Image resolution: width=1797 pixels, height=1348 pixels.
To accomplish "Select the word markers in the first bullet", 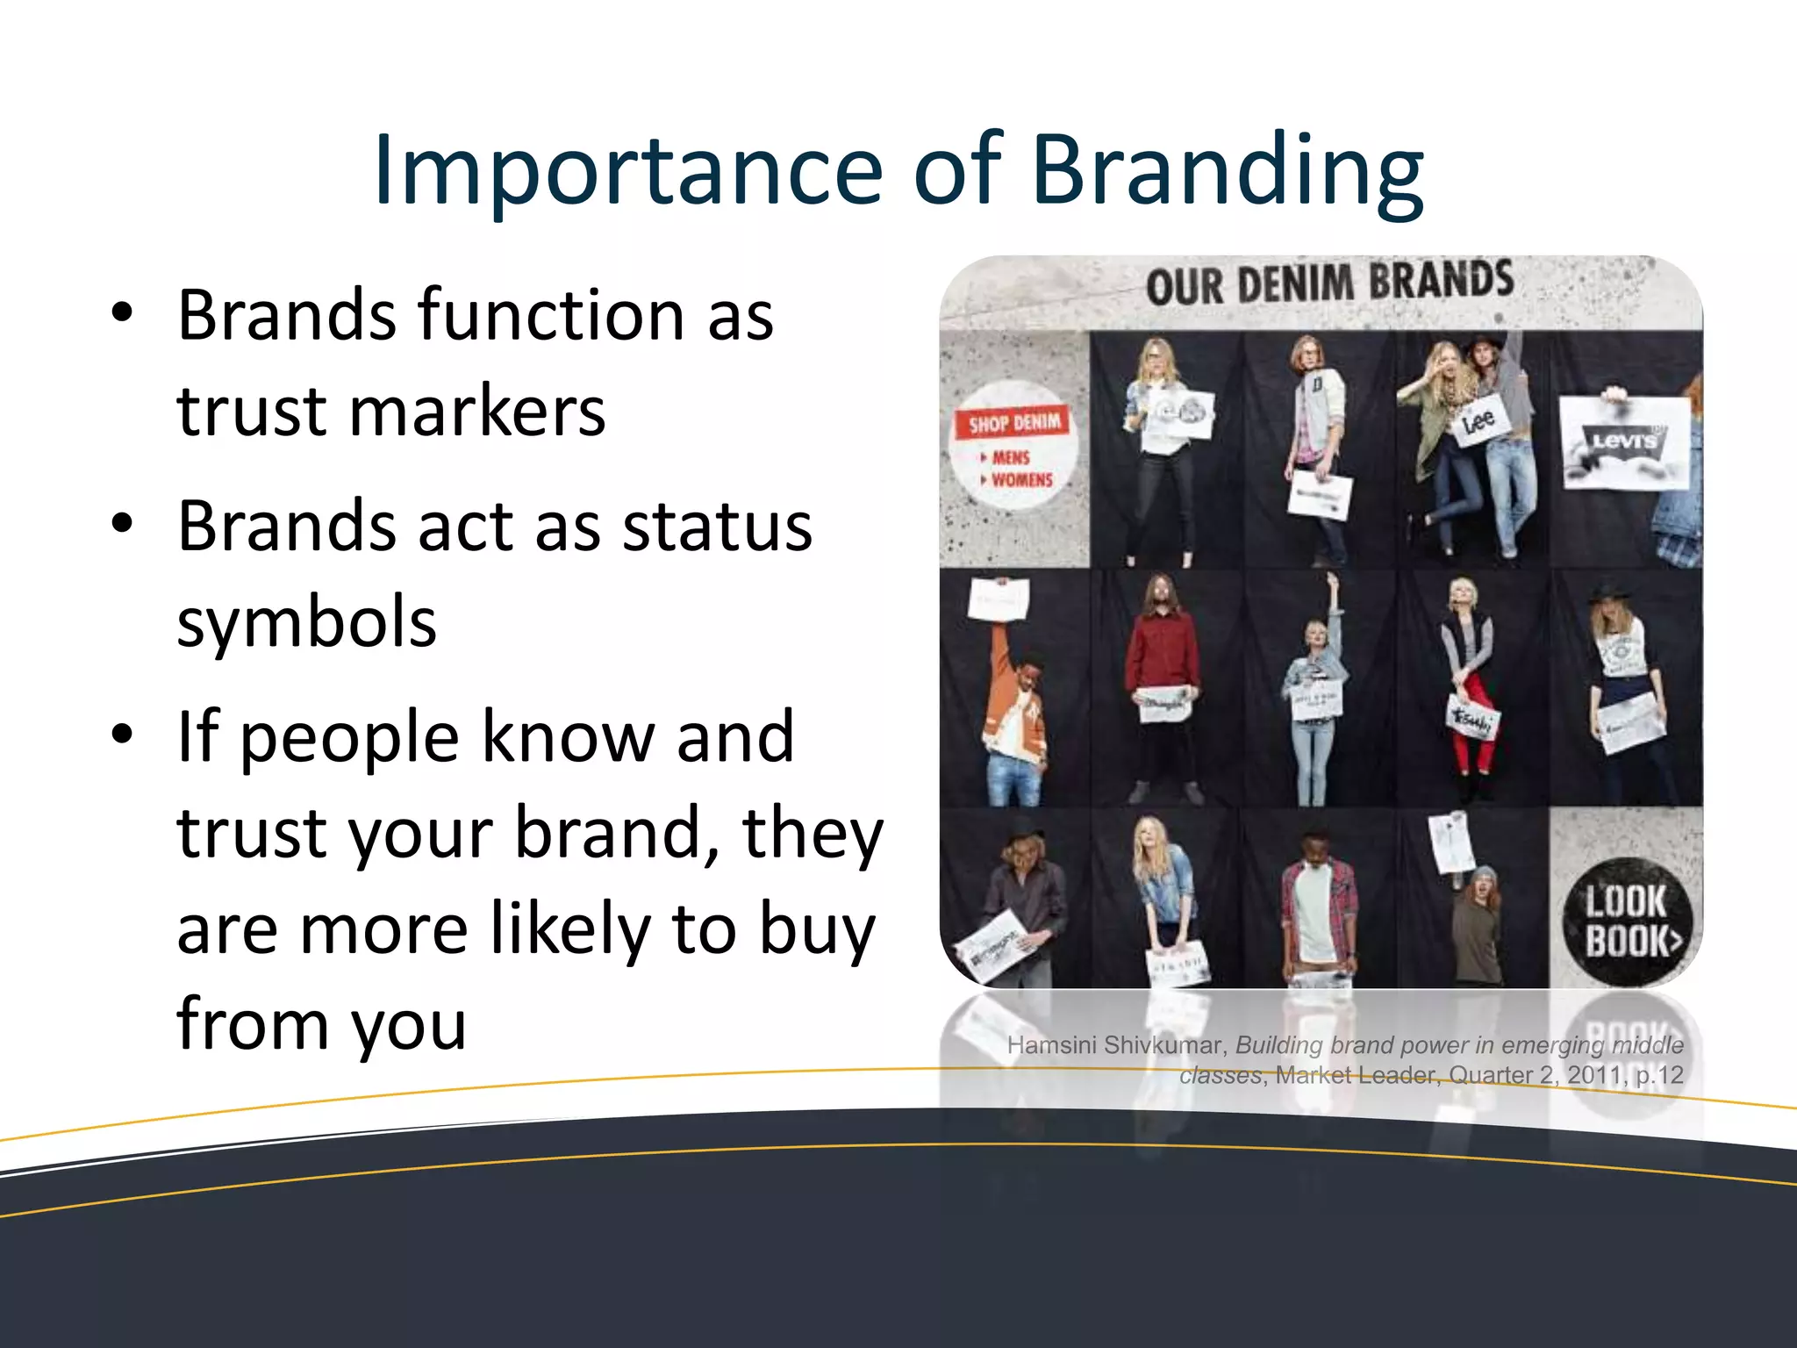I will tap(477, 411).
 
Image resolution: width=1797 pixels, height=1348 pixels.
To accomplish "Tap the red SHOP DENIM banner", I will tap(1013, 424).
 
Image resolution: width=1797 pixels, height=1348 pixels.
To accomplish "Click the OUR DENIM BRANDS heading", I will tap(1329, 283).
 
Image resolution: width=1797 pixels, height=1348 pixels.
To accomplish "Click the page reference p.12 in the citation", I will tap(1660, 1075).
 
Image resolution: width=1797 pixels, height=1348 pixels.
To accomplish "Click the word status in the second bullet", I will tap(717, 527).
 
